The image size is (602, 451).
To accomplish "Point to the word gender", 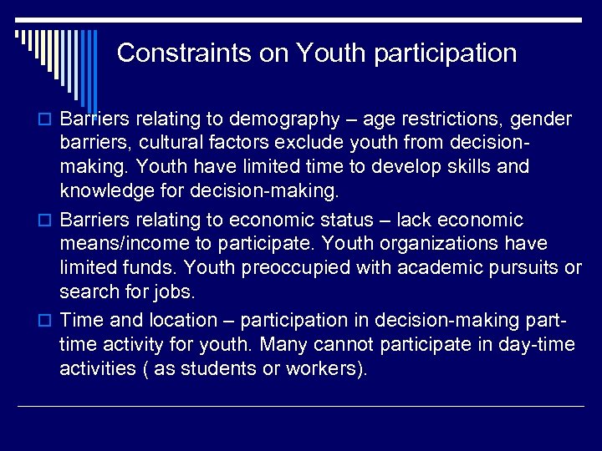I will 542,118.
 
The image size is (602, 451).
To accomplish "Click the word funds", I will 150,268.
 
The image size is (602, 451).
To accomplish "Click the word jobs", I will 176,292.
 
